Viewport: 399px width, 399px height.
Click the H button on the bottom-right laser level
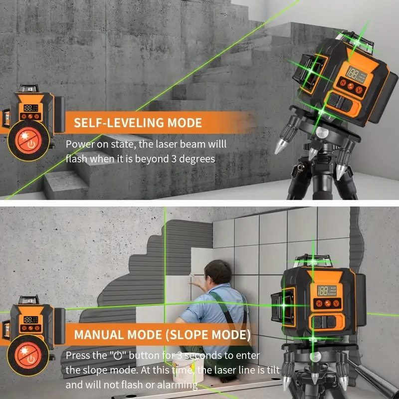pos(317,303)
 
